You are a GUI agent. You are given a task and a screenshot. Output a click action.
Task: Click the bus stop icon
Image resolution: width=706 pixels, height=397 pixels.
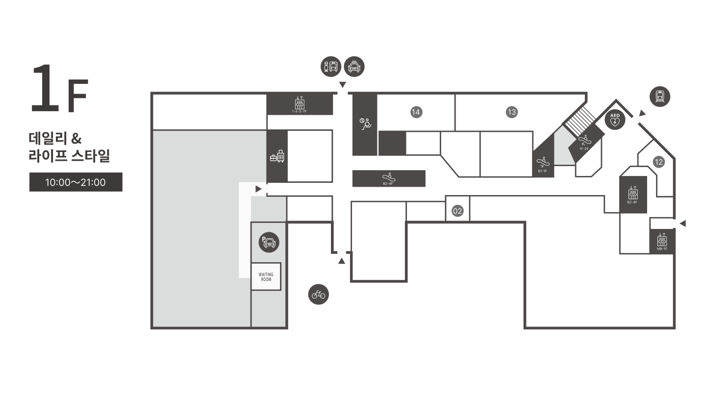pos(331,67)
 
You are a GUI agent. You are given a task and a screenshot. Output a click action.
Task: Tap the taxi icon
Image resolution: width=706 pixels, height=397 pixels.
pos(354,67)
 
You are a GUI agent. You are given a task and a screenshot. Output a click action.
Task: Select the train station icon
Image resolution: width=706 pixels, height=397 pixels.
pos(660,97)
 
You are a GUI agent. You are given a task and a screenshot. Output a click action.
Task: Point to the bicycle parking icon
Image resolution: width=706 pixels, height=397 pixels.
pos(319,295)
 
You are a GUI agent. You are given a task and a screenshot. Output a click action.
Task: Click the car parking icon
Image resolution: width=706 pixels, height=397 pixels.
pos(269,242)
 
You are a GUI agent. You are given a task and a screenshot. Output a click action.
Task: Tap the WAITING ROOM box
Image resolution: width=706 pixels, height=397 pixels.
pos(266,277)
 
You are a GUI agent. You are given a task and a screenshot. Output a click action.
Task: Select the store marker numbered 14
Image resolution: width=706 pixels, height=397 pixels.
pos(416,112)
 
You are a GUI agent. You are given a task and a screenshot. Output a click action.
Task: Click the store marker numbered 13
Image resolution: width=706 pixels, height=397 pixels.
pos(512,112)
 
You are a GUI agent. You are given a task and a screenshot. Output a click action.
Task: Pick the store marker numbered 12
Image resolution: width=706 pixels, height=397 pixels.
pos(658,162)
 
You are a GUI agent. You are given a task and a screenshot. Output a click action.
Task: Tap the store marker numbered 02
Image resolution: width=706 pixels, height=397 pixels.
pos(457,211)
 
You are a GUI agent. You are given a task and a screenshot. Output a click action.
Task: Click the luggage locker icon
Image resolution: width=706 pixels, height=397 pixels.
pos(277,157)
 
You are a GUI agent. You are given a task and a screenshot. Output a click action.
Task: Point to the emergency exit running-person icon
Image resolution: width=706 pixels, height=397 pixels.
pos(365,124)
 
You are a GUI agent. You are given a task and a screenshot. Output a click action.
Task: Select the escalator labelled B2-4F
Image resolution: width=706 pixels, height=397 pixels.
pos(388,178)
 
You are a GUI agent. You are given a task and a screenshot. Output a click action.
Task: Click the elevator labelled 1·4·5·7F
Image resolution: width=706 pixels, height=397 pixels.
pos(299,104)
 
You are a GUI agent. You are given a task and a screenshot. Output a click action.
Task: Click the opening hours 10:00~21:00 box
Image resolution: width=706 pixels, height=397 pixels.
pos(76,182)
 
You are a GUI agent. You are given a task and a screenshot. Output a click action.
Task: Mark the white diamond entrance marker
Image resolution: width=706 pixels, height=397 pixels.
pos(635,120)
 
